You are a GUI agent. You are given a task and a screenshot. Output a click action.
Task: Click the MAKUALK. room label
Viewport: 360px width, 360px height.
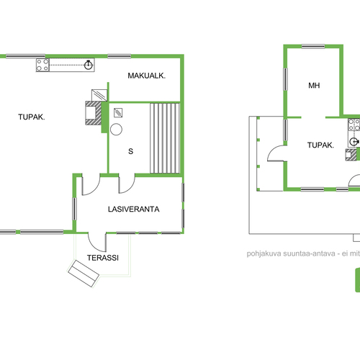pos(146,76)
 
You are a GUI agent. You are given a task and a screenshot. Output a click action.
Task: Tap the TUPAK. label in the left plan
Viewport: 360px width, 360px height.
pos(32,117)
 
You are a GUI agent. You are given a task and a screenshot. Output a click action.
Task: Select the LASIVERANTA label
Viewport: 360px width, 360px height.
pos(134,210)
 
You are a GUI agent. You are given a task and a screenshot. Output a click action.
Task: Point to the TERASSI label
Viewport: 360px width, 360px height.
pos(103,258)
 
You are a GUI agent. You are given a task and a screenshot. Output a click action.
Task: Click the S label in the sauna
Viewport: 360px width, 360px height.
pos(130,151)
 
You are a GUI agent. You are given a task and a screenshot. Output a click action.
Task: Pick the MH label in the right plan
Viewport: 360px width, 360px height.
pos(314,86)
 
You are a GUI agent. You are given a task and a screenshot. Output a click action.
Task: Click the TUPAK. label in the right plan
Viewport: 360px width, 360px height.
pos(320,145)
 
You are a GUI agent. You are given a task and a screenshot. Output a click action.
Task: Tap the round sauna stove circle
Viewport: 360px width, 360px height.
pos(116,129)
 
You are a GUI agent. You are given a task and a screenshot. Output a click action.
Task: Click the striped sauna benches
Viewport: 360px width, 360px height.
pos(165,138)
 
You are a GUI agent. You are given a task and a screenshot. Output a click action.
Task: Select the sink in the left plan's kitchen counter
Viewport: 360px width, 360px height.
pos(89,65)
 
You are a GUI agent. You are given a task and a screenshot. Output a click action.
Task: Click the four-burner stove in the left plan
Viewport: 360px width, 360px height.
pos(42,65)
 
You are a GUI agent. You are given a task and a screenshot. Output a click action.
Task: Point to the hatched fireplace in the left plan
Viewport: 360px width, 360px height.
pos(94,113)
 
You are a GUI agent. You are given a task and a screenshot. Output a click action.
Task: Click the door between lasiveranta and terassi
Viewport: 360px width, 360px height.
pos(97,243)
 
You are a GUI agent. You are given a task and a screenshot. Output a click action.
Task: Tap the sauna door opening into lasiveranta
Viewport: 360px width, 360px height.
pos(127,184)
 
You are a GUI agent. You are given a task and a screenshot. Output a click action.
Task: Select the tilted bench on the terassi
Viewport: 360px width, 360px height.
pos(84,274)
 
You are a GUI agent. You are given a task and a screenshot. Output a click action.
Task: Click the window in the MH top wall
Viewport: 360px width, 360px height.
pos(313,47)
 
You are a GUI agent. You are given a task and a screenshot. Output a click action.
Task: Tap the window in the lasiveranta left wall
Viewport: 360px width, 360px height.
pos(74,209)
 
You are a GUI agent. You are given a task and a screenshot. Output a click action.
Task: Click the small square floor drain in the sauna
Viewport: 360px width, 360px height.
pos(118,112)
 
